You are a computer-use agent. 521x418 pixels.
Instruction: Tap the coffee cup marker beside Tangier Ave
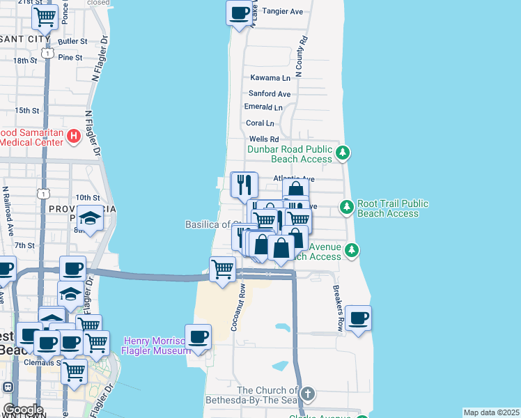pos(239,13)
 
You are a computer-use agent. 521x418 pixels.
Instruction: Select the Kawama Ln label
pos(270,78)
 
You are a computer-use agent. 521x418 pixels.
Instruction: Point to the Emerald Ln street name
pos(263,107)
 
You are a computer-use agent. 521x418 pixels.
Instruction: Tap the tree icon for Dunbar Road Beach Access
pos(342,152)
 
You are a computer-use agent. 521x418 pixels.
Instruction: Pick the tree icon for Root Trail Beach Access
pos(346,206)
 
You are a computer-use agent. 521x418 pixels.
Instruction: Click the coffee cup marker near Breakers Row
pos(358,318)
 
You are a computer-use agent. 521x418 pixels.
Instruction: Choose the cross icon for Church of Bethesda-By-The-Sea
pos(308,394)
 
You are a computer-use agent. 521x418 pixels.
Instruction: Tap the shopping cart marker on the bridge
pos(223,268)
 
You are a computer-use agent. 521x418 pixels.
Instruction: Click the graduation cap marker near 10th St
pos(90,219)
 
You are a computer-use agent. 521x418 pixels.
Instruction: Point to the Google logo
pos(22,410)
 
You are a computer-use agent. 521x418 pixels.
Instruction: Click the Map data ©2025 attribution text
pos(491,412)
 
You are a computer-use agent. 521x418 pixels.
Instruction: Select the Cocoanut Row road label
pos(239,307)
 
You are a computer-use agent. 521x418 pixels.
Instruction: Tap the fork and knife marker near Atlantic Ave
pos(244,184)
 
